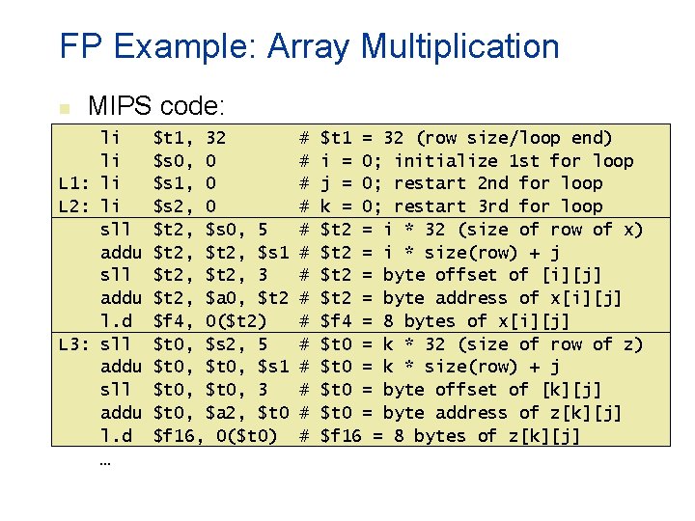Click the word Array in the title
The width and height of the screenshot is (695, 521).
306,46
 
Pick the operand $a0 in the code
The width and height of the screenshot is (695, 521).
223,298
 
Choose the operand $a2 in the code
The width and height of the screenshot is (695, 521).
223,413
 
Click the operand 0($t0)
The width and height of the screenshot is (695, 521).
246,436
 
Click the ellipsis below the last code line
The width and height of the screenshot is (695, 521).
104,461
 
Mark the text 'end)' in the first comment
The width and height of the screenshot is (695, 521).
591,138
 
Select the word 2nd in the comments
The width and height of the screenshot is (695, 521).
498,183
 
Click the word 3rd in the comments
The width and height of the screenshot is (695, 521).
498,206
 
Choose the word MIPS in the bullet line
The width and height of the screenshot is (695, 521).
117,105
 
